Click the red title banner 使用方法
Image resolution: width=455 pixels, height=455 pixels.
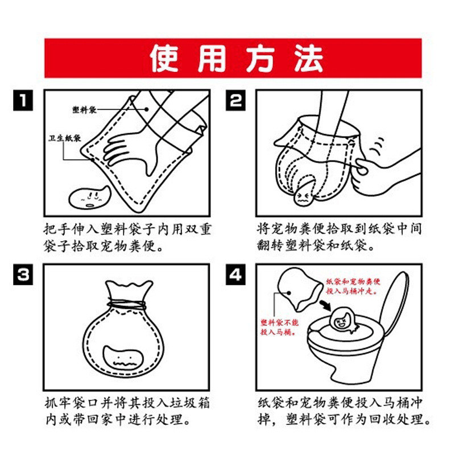point(233,58)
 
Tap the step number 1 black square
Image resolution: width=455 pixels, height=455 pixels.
point(23,100)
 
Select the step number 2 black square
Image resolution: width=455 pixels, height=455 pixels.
point(235,100)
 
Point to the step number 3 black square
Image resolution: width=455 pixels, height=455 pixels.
point(23,274)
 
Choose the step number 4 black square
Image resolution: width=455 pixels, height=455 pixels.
point(235,274)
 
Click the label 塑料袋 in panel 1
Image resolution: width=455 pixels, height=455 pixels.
point(84,110)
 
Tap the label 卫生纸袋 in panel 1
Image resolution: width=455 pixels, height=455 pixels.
point(65,138)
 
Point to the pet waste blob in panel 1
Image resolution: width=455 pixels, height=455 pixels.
point(89,197)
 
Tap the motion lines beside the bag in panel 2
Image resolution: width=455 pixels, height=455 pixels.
point(377,147)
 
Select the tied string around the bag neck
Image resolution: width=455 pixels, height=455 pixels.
point(127,305)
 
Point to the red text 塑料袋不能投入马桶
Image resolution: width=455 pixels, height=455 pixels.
point(279,327)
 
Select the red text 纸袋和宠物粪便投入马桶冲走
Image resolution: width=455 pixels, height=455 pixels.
point(353,286)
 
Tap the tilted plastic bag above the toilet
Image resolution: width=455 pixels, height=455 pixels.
point(300,288)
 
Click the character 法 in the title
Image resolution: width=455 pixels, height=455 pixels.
point(308,59)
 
